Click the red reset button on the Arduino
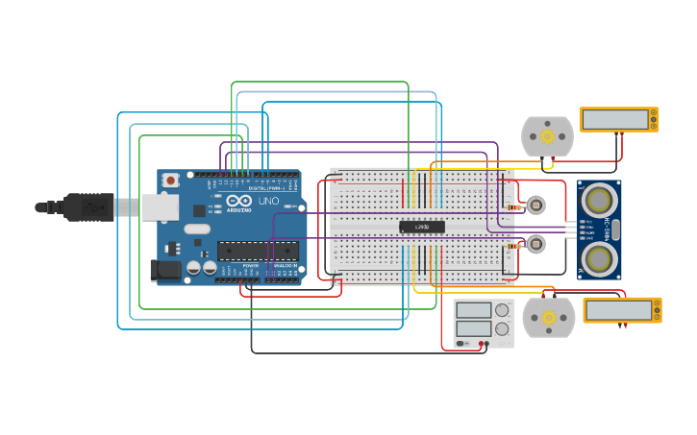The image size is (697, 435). pyautogui.click(x=170, y=180)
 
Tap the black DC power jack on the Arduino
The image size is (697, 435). pyautogui.click(x=166, y=270)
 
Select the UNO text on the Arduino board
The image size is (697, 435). pyautogui.click(x=268, y=201)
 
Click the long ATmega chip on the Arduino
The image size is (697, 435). pyautogui.click(x=257, y=251)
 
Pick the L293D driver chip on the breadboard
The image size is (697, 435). pyautogui.click(x=422, y=227)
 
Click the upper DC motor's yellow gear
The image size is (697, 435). pyautogui.click(x=548, y=136)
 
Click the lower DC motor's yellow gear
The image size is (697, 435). pyautogui.click(x=549, y=317)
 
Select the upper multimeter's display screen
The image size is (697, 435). pyautogui.click(x=615, y=119)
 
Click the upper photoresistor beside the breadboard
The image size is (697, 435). pyautogui.click(x=535, y=205)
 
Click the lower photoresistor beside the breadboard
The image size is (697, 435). pyautogui.click(x=535, y=244)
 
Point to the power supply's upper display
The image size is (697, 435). pyautogui.click(x=473, y=310)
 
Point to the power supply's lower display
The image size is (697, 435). pyautogui.click(x=473, y=328)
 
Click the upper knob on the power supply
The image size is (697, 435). pyautogui.click(x=501, y=310)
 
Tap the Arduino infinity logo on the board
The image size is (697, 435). pyautogui.click(x=238, y=201)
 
